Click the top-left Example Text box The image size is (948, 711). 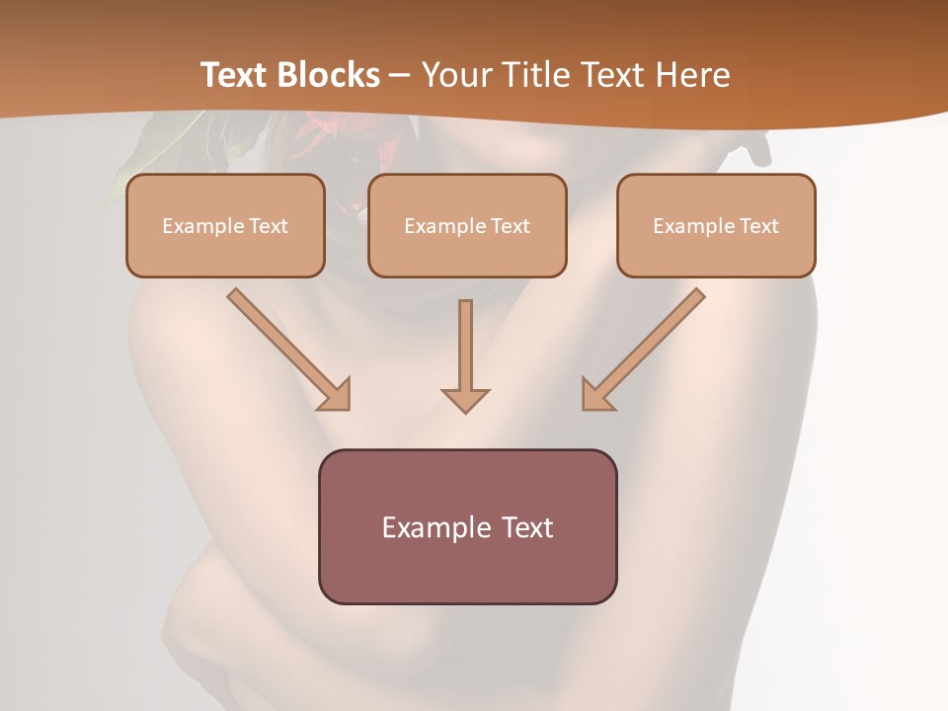coord(225,225)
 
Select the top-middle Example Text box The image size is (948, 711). coord(467,225)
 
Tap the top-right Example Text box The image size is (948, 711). coord(716,225)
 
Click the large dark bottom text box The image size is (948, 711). coord(467,526)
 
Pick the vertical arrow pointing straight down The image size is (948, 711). coord(465,355)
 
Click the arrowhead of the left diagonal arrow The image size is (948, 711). coord(335,394)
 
